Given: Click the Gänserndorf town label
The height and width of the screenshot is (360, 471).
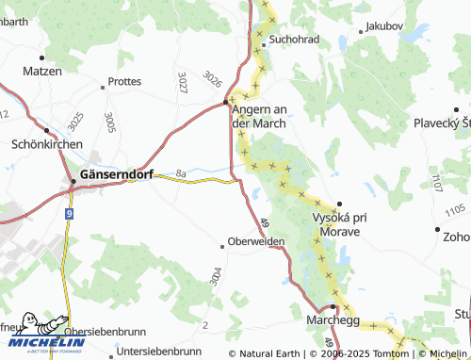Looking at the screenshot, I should tap(118, 174).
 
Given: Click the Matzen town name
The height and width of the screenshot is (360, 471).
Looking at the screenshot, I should tap(41, 72).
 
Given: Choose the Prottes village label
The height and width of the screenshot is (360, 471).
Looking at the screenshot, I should tap(125, 82).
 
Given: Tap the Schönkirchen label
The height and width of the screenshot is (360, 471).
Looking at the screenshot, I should tap(46, 144).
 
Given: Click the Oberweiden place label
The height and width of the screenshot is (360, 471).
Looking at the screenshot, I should tap(255, 241).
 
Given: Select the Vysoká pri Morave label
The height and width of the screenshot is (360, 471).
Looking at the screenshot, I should tap(346, 223).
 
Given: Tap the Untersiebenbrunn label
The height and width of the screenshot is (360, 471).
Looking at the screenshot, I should tap(160, 354).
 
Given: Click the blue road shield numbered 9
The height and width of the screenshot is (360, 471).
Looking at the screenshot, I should tap(69, 215).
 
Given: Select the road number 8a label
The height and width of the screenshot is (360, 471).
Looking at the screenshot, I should tap(181, 173).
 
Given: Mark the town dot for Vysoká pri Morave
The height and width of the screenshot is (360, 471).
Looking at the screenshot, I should tap(338, 204).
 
